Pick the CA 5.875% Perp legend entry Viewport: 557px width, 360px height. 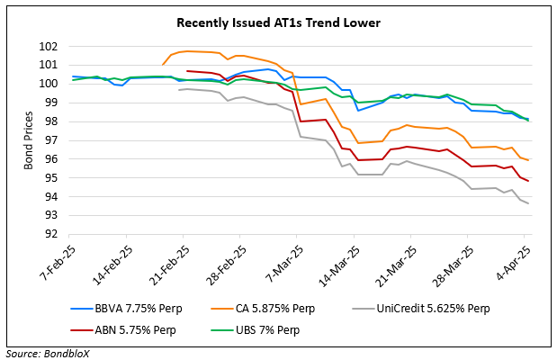pyautogui.click(x=270, y=309)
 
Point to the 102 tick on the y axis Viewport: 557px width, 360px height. pyautogui.click(x=50, y=47)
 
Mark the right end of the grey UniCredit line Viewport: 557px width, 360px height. pyautogui.click(x=527, y=203)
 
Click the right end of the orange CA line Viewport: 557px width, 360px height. pyautogui.click(x=527, y=159)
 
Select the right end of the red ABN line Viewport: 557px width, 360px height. pyautogui.click(x=527, y=181)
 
